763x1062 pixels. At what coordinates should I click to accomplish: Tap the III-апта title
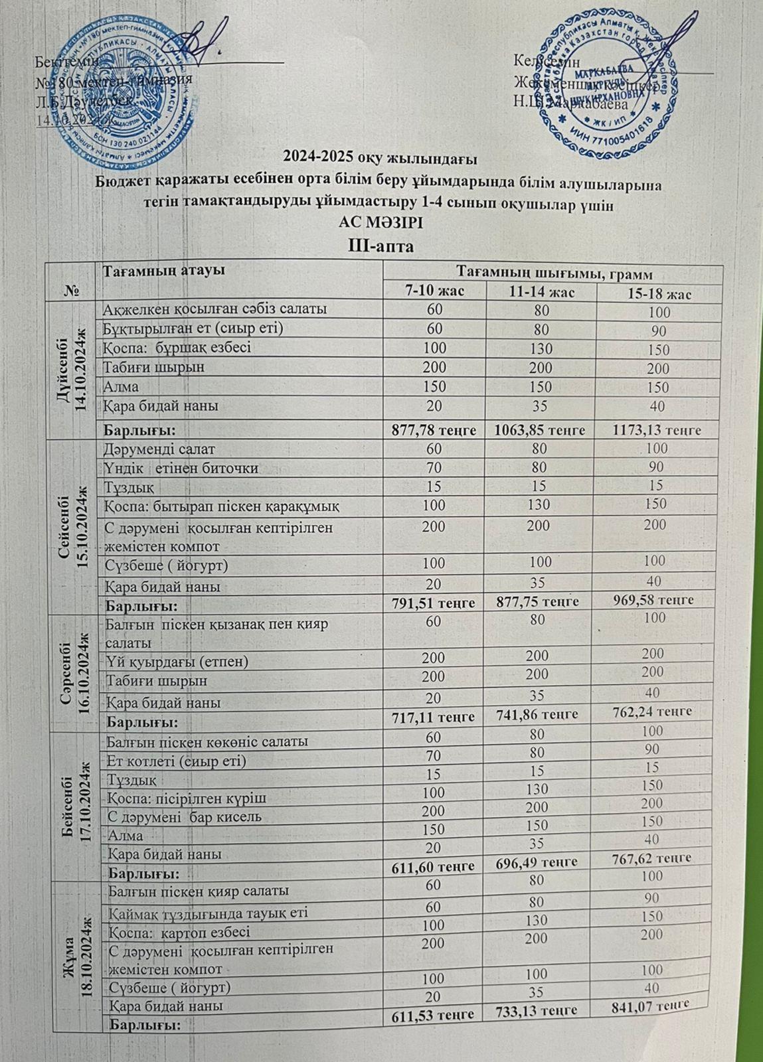point(381,246)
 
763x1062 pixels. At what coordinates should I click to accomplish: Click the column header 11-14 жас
point(541,292)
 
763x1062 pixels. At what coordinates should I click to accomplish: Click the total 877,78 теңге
point(435,429)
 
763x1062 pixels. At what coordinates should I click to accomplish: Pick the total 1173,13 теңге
point(658,430)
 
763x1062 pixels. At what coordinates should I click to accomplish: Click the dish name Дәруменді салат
point(159,449)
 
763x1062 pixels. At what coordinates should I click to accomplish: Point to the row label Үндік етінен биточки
point(181,469)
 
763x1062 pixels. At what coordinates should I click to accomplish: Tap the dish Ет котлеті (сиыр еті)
point(175,761)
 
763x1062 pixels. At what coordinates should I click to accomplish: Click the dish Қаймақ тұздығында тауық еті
point(207,913)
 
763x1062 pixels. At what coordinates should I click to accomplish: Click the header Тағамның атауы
point(163,270)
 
